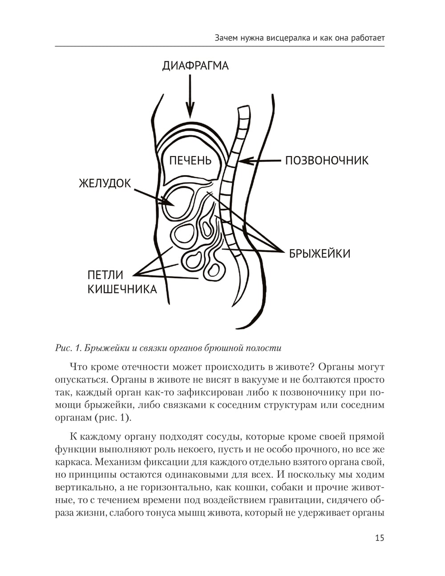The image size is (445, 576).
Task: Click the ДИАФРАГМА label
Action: [195, 66]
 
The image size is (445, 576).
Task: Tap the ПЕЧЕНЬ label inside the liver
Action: [190, 160]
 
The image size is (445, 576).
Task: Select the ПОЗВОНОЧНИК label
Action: [327, 160]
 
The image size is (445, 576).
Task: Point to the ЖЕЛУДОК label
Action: [105, 183]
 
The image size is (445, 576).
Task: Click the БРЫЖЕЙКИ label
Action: [320, 254]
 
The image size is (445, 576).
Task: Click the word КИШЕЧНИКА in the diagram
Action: [122, 289]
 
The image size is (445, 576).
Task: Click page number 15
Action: [379, 538]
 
